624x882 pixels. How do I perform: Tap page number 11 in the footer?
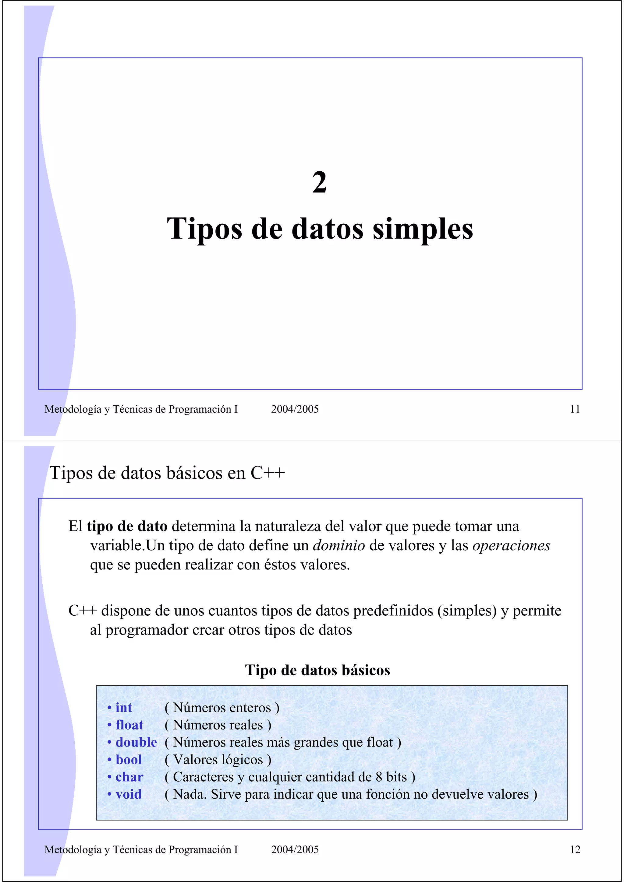pos(574,409)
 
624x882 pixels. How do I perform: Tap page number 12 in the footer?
pos(574,849)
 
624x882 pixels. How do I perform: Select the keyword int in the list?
pos(123,708)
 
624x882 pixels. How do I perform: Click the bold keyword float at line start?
pos(129,725)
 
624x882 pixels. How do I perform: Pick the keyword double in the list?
pos(136,742)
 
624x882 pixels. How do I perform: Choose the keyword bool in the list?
pos(129,759)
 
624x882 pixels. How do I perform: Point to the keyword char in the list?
pos(129,777)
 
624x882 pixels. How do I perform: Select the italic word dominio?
pos(339,545)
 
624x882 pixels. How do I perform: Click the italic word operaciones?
pos(511,545)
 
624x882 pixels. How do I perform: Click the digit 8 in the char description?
pos(379,777)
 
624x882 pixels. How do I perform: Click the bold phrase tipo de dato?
pos(127,526)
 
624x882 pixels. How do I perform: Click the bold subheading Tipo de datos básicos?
pos(317,670)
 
